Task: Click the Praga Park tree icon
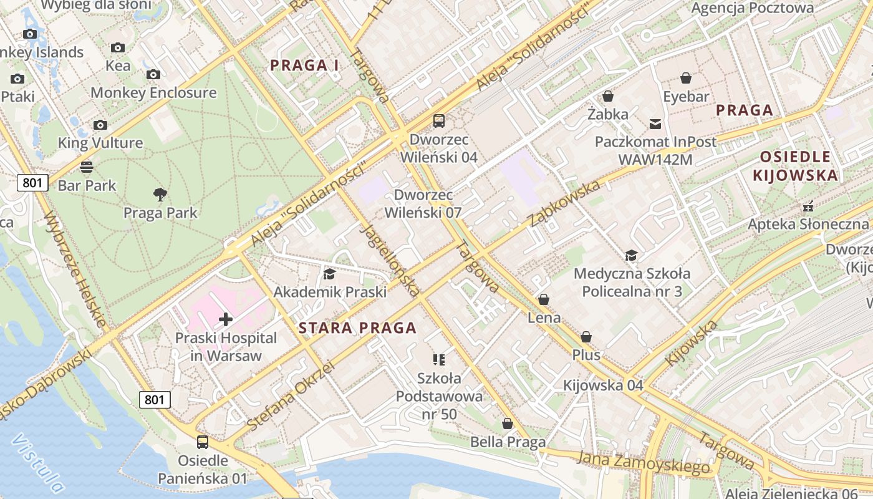click(160, 195)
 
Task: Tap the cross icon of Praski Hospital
click(226, 320)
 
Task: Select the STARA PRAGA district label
click(357, 328)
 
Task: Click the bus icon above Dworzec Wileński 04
click(439, 121)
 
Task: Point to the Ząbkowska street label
click(564, 203)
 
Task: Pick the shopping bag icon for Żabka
click(608, 97)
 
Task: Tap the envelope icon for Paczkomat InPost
click(655, 124)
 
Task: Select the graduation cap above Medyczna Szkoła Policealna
click(632, 255)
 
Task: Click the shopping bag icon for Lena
click(544, 300)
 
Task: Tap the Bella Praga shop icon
click(508, 424)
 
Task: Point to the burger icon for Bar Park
click(87, 167)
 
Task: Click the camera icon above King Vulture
click(100, 125)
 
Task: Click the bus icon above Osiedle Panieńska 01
click(203, 442)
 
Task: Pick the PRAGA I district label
click(304, 65)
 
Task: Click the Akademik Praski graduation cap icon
click(329, 274)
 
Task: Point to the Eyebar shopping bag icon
click(686, 78)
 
